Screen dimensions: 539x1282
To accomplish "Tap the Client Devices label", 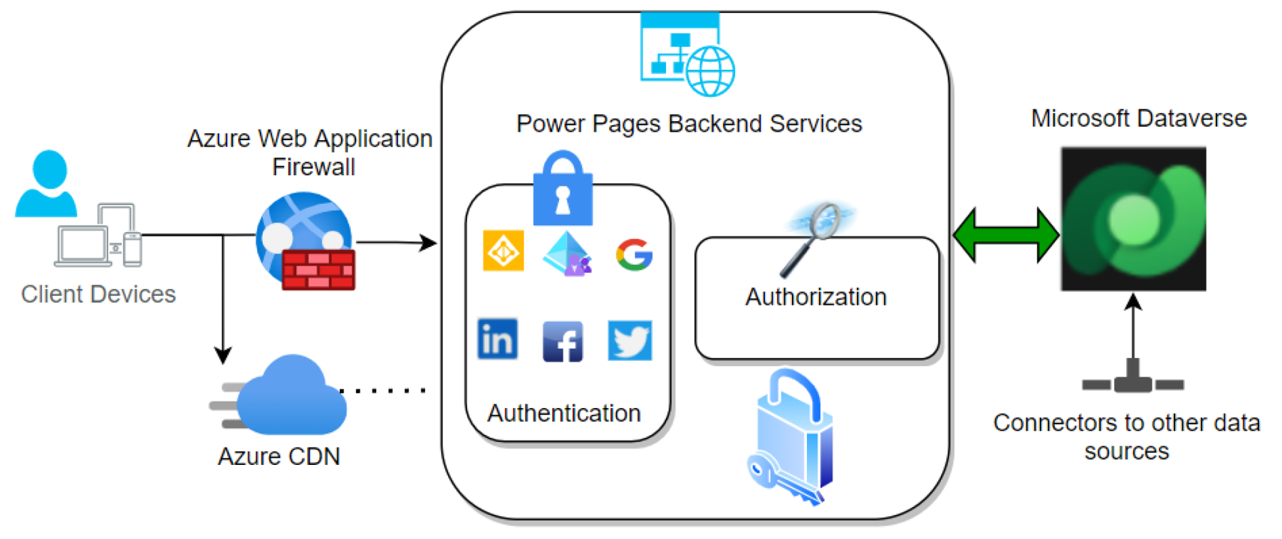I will [x=98, y=294].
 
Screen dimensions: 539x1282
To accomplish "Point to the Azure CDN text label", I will [x=279, y=456].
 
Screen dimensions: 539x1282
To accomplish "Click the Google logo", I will [x=634, y=255].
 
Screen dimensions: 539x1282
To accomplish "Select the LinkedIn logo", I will [x=497, y=339].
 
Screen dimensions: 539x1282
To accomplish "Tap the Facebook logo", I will [x=563, y=341].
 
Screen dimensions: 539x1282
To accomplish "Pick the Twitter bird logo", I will [x=630, y=340].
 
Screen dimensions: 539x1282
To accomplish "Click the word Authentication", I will [x=564, y=413].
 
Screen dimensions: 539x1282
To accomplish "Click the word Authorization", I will [x=816, y=297].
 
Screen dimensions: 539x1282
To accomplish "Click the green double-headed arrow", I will [x=1006, y=234].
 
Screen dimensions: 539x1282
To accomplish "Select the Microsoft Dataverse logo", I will [x=1133, y=219].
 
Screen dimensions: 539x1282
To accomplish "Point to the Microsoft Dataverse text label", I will [x=1139, y=118].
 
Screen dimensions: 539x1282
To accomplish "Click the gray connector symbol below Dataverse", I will [x=1132, y=380].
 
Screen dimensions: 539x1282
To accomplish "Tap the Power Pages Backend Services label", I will [x=689, y=124].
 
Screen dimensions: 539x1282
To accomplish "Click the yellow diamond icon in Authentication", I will [x=504, y=251].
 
